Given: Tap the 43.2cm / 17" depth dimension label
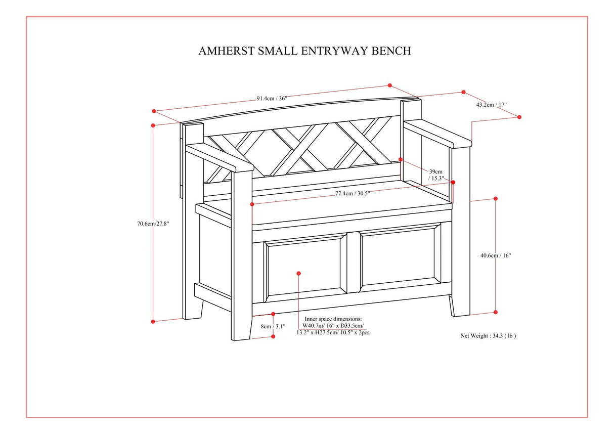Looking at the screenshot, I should tap(491, 105).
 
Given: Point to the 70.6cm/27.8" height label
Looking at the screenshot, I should tap(153, 224).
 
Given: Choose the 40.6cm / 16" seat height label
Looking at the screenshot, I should tap(496, 255).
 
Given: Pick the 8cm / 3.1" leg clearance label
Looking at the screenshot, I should tap(273, 326).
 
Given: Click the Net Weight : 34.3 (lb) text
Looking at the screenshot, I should tap(488, 335).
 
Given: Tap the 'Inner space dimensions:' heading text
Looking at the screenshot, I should tap(333, 319).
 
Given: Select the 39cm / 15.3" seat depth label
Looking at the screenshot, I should tap(435, 175).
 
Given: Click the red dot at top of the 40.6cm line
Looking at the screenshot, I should tap(496, 199).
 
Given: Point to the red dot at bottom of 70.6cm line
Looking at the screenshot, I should tap(153, 321).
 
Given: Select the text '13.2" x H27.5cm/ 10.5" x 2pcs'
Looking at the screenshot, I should tap(333, 333).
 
